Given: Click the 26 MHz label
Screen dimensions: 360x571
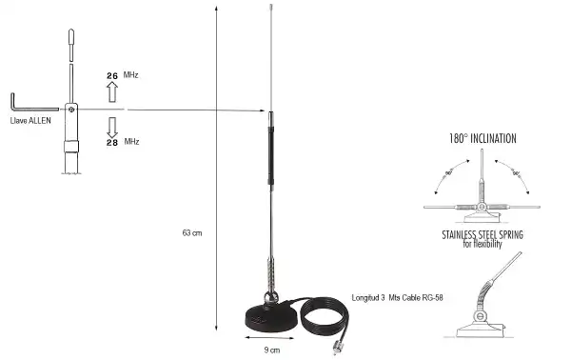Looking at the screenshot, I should point(120,74).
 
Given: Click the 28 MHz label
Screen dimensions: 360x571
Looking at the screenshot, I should point(121,141).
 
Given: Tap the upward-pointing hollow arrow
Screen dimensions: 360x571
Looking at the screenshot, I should point(111,91).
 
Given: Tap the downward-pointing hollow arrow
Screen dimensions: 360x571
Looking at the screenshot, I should point(111,125).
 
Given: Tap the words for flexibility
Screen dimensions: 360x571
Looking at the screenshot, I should point(482,244).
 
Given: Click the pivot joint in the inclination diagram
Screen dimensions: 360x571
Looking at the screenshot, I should point(482,207).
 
